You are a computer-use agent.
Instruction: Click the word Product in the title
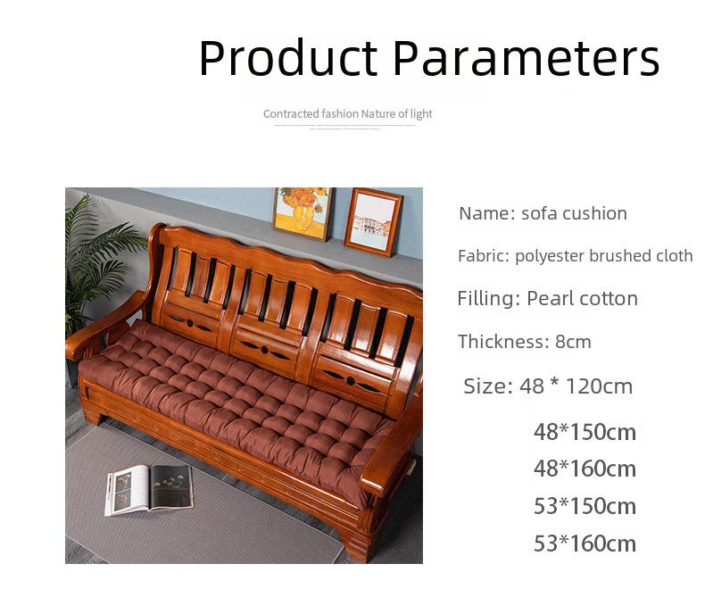coord(288,58)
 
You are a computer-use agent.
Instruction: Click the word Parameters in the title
coord(527,58)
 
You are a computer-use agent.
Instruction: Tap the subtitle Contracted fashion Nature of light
coord(347,114)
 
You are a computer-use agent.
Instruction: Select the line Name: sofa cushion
coord(543,213)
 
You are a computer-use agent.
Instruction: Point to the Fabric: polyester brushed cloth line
coord(575,256)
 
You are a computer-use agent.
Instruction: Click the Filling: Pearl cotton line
coord(548,298)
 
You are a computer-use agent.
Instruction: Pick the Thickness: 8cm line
coord(524,342)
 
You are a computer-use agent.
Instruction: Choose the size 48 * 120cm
coord(548,386)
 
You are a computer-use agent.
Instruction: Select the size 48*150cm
coord(585,432)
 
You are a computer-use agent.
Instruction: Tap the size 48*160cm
coord(585,469)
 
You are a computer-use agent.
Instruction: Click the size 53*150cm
coord(585,506)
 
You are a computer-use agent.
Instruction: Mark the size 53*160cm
coord(585,543)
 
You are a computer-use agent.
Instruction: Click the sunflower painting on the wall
coord(303,213)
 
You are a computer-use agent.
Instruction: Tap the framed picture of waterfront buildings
coord(373,223)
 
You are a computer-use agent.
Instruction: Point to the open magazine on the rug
coord(150,489)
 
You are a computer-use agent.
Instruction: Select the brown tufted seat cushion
coord(234,395)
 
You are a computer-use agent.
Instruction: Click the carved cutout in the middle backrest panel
coord(264,350)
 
